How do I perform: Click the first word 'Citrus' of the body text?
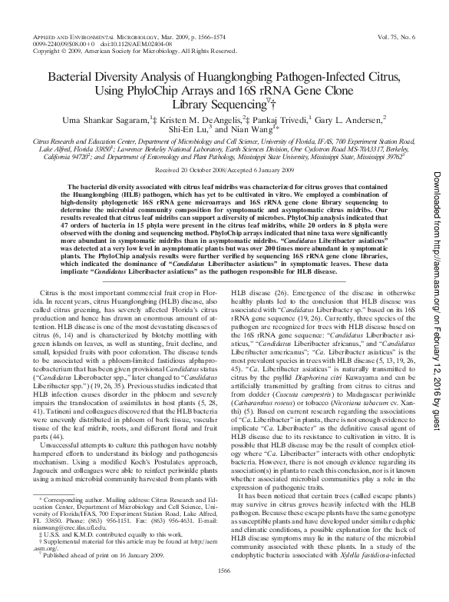click(x=50, y=271)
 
